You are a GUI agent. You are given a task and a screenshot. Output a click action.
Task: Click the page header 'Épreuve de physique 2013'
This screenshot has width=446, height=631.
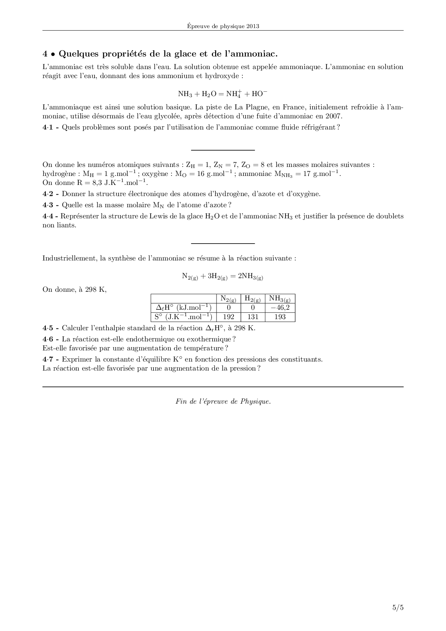[x=223, y=26]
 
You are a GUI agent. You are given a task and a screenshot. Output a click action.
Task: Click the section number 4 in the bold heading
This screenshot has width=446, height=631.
[x=45, y=54]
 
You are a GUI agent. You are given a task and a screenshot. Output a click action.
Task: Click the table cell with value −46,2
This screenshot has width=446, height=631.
[x=280, y=308]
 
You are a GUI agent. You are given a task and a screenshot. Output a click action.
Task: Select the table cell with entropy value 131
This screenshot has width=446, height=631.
[x=253, y=317]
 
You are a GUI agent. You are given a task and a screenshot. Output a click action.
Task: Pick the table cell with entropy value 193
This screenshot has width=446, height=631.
[x=280, y=317]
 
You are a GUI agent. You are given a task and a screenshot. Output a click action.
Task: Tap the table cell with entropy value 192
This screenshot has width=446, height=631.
[x=229, y=317]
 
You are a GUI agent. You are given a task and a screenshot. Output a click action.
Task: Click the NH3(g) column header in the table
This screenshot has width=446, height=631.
[x=280, y=299]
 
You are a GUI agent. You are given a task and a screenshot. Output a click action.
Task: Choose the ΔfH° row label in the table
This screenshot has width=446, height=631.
[x=183, y=308]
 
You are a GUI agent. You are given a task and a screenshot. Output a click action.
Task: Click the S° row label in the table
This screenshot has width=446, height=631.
[x=183, y=317]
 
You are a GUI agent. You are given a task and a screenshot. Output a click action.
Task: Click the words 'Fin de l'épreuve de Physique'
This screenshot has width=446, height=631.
[x=223, y=401]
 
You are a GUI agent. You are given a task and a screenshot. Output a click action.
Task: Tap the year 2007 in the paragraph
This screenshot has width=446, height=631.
[x=334, y=116]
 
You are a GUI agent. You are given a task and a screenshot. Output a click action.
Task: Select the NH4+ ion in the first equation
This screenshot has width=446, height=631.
[x=233, y=94]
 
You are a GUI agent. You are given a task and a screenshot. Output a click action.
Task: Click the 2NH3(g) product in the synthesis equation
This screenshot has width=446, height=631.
[x=251, y=276]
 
